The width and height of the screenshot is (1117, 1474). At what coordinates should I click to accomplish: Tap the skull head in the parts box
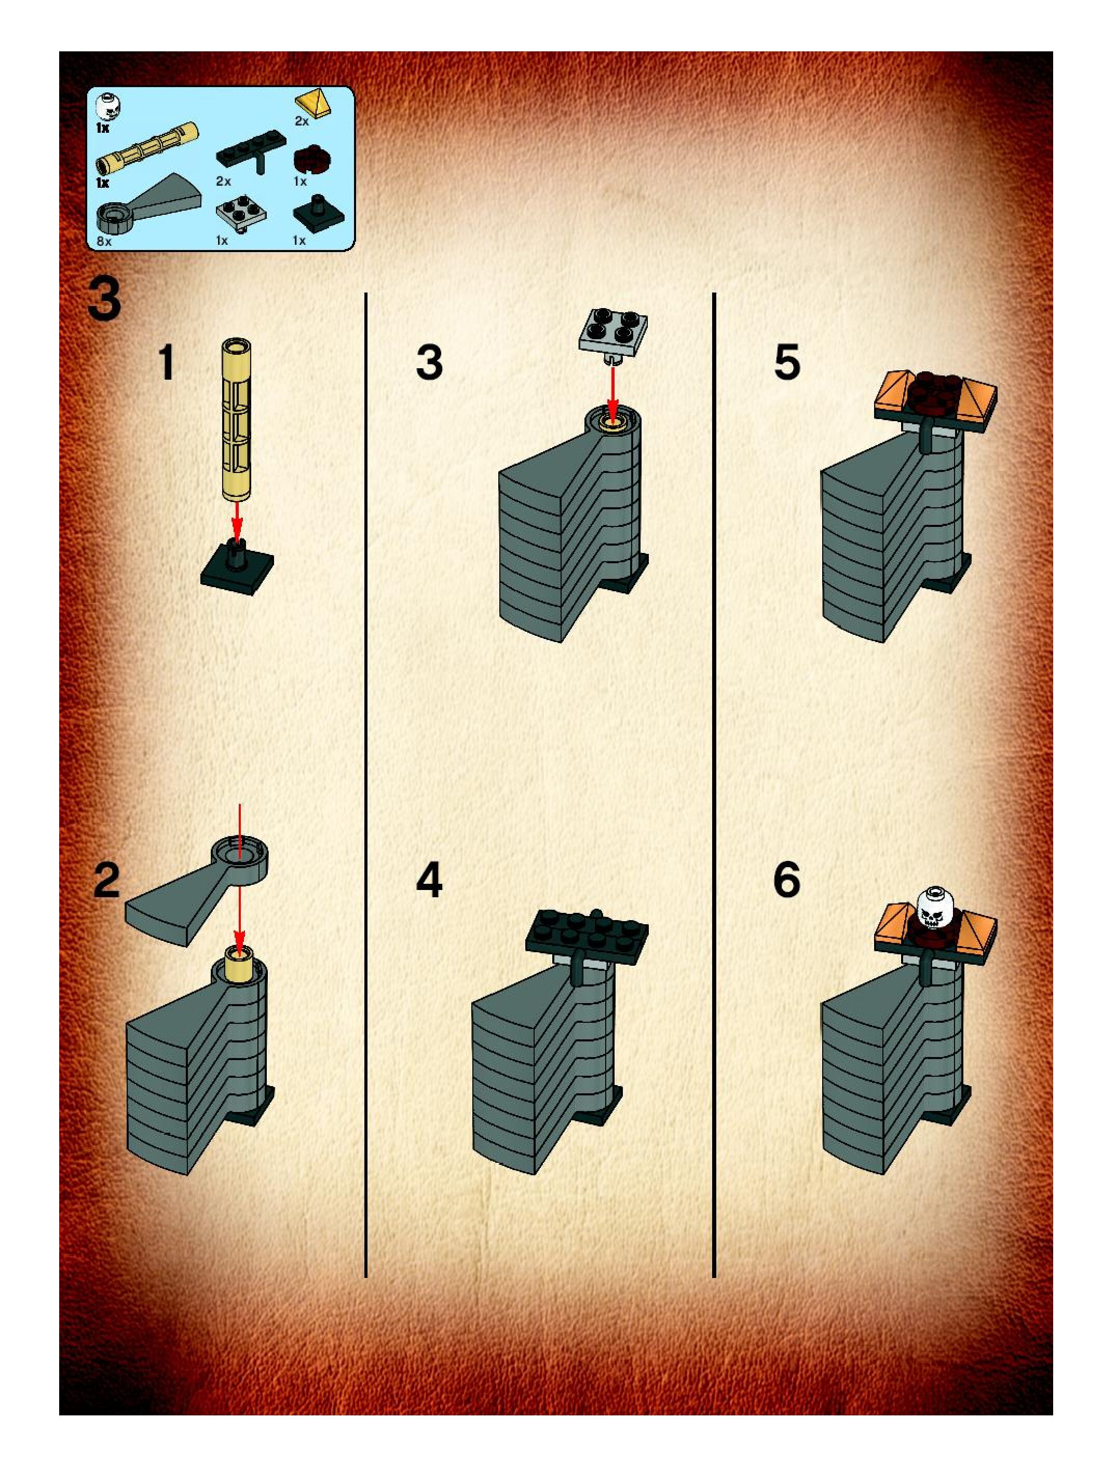tap(105, 107)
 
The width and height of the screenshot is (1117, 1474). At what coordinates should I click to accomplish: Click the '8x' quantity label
tap(103, 241)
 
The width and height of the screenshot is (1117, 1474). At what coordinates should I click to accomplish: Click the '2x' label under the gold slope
tap(302, 121)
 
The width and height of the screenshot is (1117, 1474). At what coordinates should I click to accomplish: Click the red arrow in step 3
tap(613, 394)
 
